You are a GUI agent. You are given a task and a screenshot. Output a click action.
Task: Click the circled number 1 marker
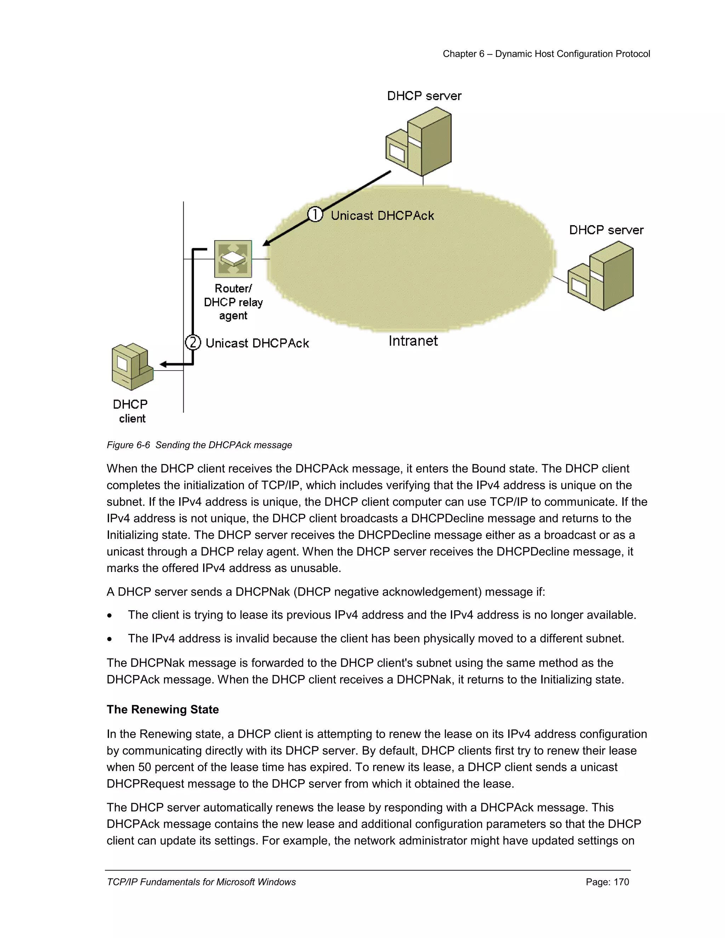315,214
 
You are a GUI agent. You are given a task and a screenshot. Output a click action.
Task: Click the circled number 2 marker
193,342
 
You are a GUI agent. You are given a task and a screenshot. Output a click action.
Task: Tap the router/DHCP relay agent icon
233,259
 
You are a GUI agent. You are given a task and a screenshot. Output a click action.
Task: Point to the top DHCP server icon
419,142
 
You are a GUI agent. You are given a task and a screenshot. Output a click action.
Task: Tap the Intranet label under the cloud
413,341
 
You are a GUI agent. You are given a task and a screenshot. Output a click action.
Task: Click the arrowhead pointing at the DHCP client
164,365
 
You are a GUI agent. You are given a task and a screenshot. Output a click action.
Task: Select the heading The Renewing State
163,709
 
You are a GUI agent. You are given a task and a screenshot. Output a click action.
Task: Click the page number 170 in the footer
621,882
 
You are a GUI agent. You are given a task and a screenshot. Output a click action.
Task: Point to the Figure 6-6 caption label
129,445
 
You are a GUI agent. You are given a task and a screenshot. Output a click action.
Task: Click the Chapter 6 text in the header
463,54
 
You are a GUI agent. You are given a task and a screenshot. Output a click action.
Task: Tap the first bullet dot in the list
110,616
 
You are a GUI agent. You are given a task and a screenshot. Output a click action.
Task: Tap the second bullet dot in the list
110,639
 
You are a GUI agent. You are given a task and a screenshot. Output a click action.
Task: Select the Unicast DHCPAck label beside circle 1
382,216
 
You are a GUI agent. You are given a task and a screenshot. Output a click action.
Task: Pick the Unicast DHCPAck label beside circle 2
257,343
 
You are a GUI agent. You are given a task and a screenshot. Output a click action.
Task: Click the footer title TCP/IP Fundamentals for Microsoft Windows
201,882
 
